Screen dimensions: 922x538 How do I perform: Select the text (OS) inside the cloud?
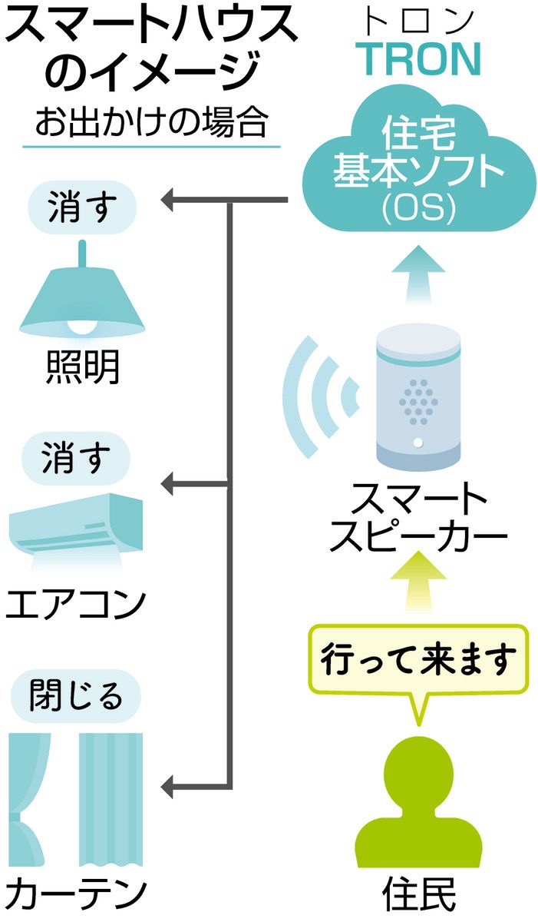point(421,208)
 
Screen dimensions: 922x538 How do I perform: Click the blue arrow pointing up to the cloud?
point(421,277)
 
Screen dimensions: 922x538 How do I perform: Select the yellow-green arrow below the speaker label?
point(419,589)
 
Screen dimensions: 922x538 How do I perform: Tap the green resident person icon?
point(420,807)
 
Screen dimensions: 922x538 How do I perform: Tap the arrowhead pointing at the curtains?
point(170,786)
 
